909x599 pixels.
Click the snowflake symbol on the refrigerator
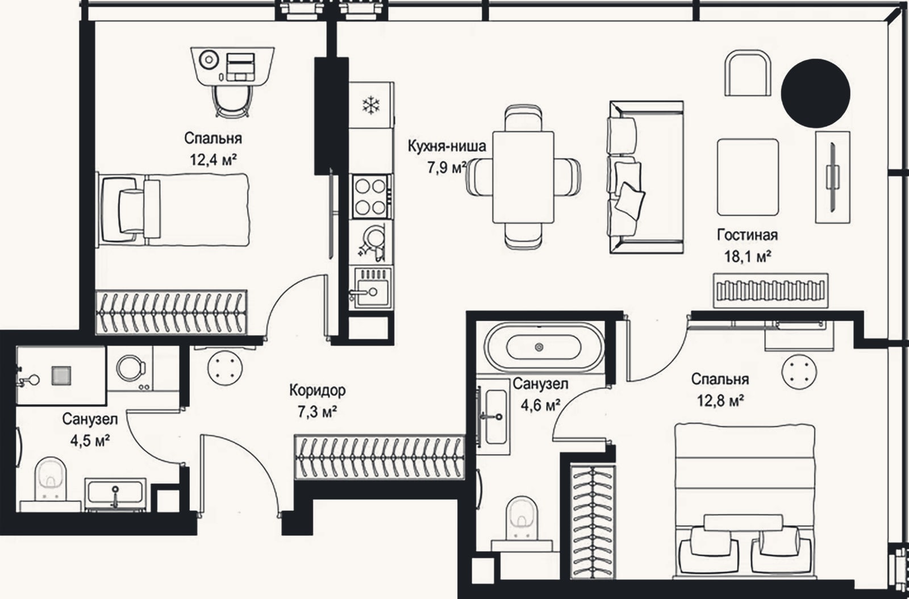pyautogui.click(x=370, y=105)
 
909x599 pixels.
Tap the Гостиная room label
pyautogui.click(x=748, y=235)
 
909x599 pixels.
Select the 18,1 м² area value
pyautogui.click(x=748, y=256)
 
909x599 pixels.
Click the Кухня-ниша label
pyautogui.click(x=447, y=145)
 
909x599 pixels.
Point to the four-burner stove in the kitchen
pyautogui.click(x=371, y=197)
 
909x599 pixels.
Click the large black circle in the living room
pyautogui.click(x=815, y=93)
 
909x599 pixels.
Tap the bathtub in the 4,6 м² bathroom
pyautogui.click(x=544, y=347)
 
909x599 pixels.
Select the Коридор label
pyautogui.click(x=318, y=390)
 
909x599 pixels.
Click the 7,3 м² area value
pyautogui.click(x=318, y=413)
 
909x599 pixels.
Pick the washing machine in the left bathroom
pyautogui.click(x=131, y=368)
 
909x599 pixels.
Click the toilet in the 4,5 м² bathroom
pyautogui.click(x=51, y=479)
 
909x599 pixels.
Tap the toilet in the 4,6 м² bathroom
pyautogui.click(x=522, y=518)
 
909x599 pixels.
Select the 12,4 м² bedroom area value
pyautogui.click(x=214, y=160)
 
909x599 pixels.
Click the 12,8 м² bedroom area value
pyautogui.click(x=720, y=401)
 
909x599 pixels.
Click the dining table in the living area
pyautogui.click(x=523, y=177)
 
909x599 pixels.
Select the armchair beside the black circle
pyautogui.click(x=748, y=73)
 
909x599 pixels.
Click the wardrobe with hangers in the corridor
pyautogui.click(x=379, y=457)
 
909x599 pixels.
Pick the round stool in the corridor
pyautogui.click(x=225, y=368)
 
